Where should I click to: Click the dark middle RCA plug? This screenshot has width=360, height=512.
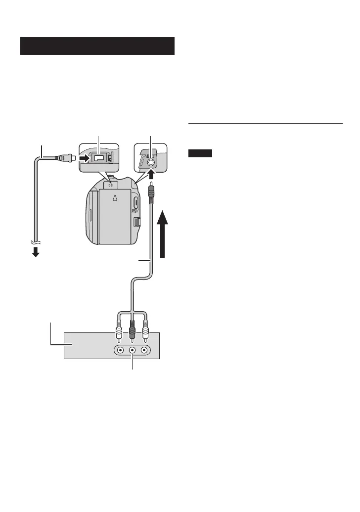point(132,331)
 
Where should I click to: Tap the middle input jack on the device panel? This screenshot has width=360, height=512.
point(132,350)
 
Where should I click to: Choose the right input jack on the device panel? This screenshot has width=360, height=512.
point(144,350)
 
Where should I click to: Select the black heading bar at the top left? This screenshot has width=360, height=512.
point(97,46)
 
